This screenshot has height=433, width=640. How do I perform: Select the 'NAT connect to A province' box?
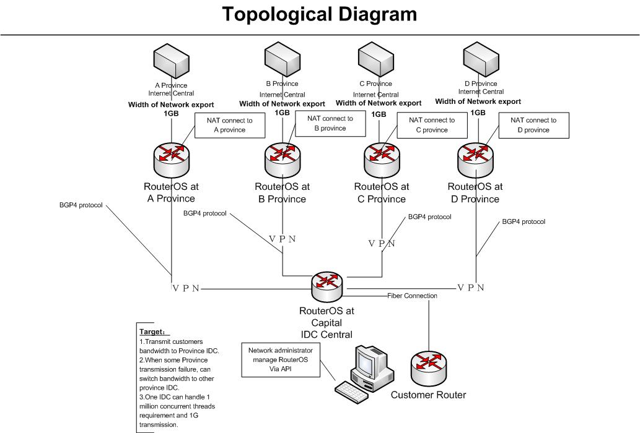pos(230,125)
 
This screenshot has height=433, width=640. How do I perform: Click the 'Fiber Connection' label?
pos(412,296)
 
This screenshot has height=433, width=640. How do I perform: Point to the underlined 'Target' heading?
pos(152,332)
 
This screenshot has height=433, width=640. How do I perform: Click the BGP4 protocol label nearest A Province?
pos(81,204)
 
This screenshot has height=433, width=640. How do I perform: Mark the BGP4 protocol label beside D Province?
pos(524,221)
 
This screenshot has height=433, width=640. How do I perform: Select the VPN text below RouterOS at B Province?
pos(283,239)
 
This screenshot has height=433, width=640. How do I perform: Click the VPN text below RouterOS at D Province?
pos(470,288)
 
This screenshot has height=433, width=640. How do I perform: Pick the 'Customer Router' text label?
pos(428,395)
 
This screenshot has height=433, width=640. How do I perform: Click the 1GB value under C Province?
pos(378,114)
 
